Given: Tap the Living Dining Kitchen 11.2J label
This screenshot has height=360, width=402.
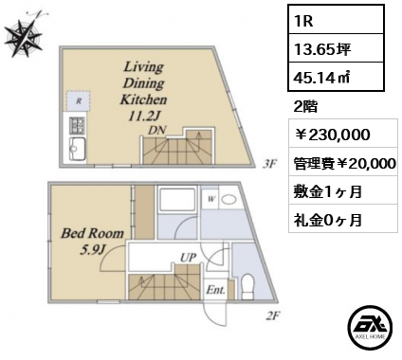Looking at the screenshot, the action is point(143,92).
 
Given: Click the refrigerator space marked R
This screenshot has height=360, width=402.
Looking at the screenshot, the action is point(79,101).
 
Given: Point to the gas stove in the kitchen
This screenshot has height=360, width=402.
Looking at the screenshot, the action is point(76,126).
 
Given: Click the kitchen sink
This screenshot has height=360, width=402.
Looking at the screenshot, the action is point(77,150).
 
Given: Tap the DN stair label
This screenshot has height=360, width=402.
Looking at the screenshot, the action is point(158,130).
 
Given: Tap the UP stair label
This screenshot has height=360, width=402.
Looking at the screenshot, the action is point(189,257).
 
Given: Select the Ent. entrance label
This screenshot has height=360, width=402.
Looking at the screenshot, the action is point(215,290).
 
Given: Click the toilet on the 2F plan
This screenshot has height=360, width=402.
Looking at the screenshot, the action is point(247,286).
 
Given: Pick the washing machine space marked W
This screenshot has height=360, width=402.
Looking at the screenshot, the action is point(211,199).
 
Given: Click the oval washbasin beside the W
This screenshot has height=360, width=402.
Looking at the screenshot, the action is point(228,199).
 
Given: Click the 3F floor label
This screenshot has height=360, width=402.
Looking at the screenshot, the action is point(269,164).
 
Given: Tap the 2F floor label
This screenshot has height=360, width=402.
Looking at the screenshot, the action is point(273,315).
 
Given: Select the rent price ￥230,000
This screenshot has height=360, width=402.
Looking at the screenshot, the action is point(332,135).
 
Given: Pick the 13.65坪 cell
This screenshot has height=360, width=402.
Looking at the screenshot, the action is point(322,49).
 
